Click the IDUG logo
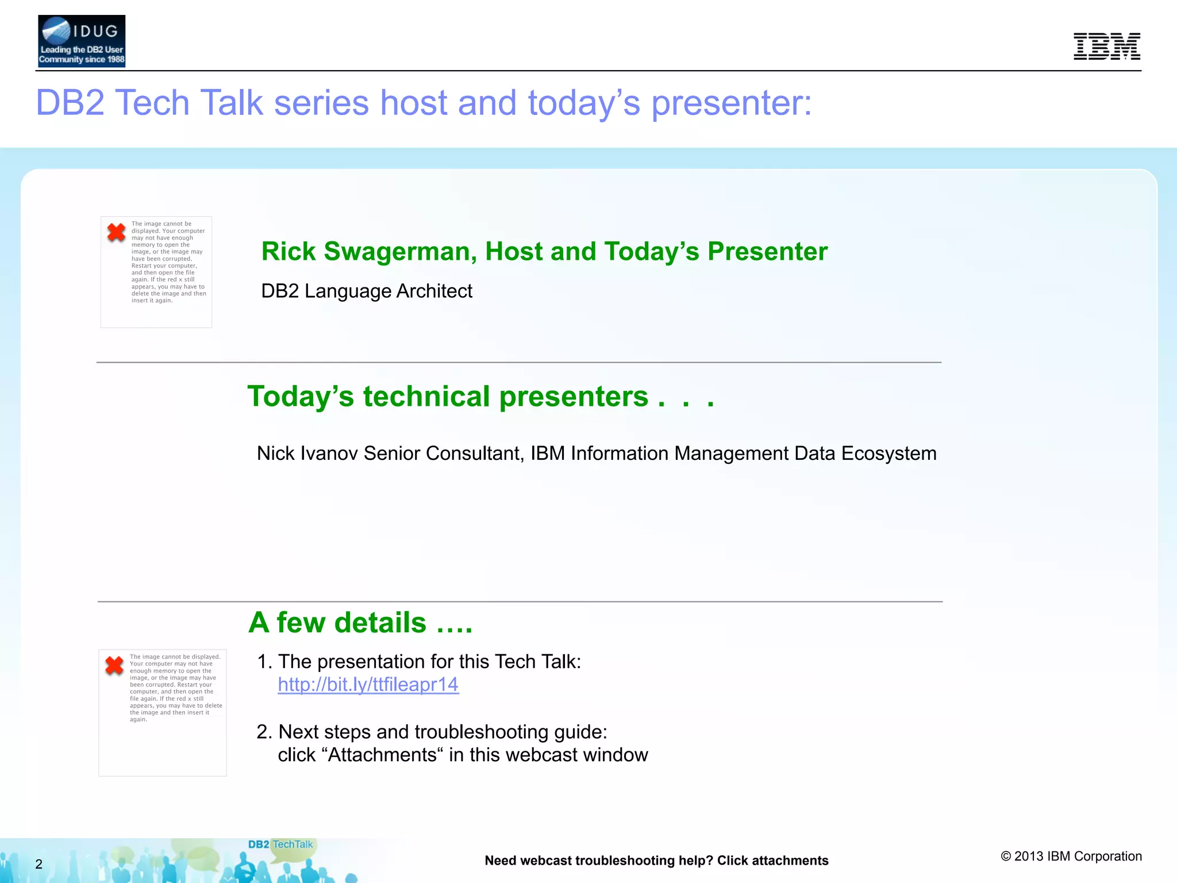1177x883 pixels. (x=81, y=41)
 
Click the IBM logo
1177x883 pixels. (x=1106, y=46)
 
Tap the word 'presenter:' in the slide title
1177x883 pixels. (x=731, y=103)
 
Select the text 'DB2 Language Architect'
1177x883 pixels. (x=367, y=291)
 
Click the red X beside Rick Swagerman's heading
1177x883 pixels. (x=116, y=232)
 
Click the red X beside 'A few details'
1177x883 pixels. (x=114, y=665)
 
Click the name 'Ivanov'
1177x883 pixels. (x=326, y=454)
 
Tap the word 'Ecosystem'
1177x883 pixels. (x=888, y=454)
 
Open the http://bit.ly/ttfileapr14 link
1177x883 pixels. (x=368, y=685)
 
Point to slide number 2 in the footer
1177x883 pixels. (x=39, y=864)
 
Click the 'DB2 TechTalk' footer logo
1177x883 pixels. (x=280, y=844)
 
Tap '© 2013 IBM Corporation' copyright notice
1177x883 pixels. (x=1071, y=857)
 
